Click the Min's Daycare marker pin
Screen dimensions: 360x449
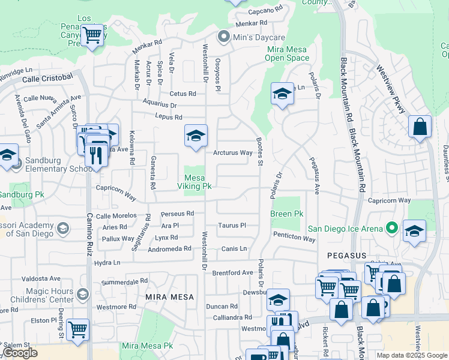pyautogui.click(x=224, y=38)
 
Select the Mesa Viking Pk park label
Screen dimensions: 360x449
pyautogui.click(x=198, y=182)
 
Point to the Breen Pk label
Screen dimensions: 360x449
pyautogui.click(x=286, y=214)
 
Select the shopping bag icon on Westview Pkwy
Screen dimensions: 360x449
pyautogui.click(x=420, y=127)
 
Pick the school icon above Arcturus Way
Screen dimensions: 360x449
pyautogui.click(x=196, y=136)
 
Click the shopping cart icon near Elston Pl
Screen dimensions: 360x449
pyautogui.click(x=77, y=329)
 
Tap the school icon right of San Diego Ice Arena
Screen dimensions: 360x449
pyautogui.click(x=414, y=231)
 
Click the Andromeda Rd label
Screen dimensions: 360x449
pyautogui.click(x=169, y=248)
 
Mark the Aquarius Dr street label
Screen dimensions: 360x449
pyautogui.click(x=160, y=105)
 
